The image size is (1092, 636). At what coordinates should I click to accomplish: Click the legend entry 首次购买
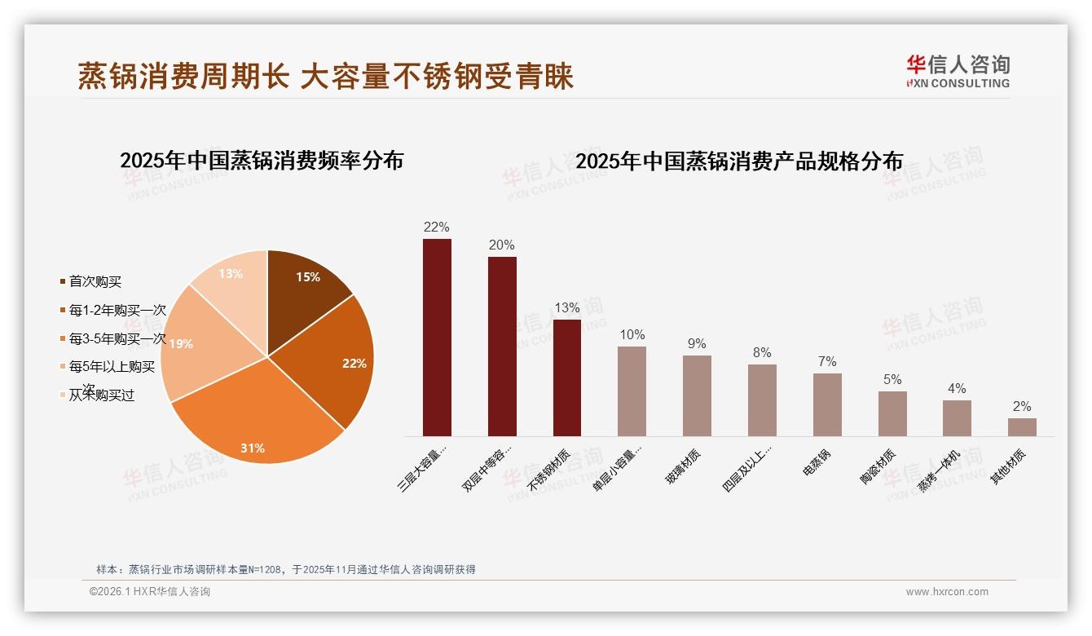[95, 282]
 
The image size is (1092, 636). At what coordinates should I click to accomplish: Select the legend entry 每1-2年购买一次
[117, 311]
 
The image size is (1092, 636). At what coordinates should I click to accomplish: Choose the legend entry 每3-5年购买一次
[117, 338]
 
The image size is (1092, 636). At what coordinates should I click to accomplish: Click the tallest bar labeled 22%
[437, 338]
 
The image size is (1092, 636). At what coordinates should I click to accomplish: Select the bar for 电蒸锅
[827, 404]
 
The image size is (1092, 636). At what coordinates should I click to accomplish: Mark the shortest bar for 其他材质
[1022, 427]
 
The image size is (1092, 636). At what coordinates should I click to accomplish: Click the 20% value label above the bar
[502, 245]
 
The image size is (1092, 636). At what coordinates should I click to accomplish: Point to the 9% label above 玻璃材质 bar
[697, 344]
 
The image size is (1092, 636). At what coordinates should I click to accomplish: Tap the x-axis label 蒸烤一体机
[940, 470]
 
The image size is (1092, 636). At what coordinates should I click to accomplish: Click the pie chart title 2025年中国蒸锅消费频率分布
[262, 161]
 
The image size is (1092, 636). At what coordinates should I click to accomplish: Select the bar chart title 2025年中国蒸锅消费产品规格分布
[739, 161]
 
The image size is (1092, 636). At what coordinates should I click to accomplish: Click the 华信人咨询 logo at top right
[958, 71]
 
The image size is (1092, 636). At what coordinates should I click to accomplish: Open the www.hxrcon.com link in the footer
[947, 592]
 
